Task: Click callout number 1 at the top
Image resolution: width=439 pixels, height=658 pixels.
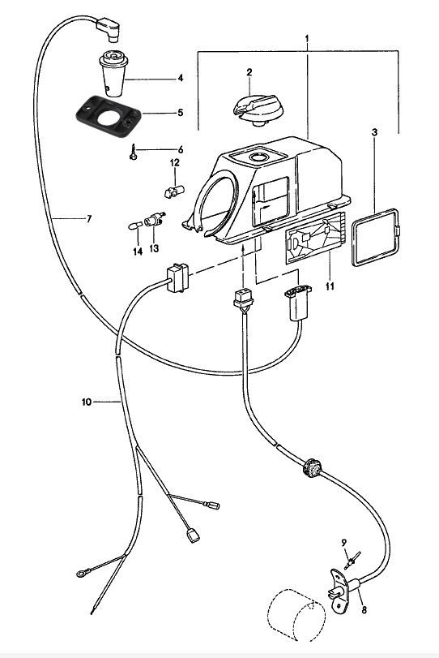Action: pyautogui.click(x=307, y=39)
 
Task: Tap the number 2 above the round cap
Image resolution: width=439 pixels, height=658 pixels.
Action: pyautogui.click(x=249, y=72)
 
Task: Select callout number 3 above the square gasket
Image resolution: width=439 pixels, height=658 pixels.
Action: pyautogui.click(x=374, y=132)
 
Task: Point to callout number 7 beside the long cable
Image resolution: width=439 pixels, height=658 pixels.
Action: pyautogui.click(x=88, y=218)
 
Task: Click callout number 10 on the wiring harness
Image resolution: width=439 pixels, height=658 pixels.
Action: pyautogui.click(x=87, y=402)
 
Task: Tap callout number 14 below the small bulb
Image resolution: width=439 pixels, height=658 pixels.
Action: pyautogui.click(x=138, y=252)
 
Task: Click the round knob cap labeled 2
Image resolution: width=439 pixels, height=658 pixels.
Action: pyautogui.click(x=258, y=108)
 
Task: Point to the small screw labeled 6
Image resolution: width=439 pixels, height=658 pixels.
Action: pyautogui.click(x=133, y=152)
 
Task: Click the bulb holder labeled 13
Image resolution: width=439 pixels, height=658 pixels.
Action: pyautogui.click(x=154, y=220)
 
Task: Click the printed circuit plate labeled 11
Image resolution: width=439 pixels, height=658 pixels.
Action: pyautogui.click(x=315, y=238)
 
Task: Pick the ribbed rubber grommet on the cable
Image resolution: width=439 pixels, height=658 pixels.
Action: pyautogui.click(x=312, y=467)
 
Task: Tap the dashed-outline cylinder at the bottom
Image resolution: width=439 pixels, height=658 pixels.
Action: pyautogui.click(x=296, y=615)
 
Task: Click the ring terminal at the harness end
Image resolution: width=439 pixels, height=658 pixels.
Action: pyautogui.click(x=81, y=574)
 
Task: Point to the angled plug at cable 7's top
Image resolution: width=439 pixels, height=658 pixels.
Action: pyautogui.click(x=109, y=29)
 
